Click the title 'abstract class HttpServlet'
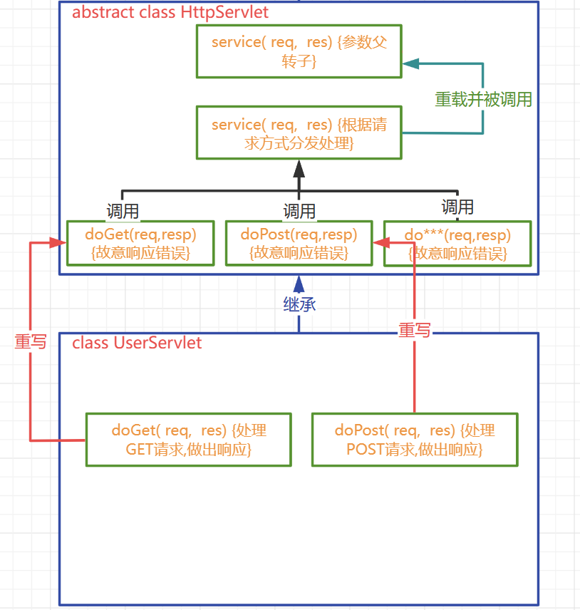click(x=170, y=13)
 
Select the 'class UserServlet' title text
click(x=137, y=343)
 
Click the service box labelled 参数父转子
click(x=299, y=51)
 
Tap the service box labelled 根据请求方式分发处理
click(x=299, y=133)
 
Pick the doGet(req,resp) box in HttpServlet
click(x=140, y=243)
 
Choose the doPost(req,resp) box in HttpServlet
click(x=299, y=243)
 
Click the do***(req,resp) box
click(x=457, y=243)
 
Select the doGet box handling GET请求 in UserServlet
click(x=188, y=440)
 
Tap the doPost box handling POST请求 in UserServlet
click(x=415, y=440)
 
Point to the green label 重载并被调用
click(x=484, y=100)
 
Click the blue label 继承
click(x=299, y=304)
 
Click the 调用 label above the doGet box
click(x=123, y=211)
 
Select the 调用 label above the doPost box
click(x=299, y=211)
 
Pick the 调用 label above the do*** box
click(x=457, y=207)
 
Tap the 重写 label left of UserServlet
click(x=31, y=341)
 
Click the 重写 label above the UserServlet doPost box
click(x=415, y=330)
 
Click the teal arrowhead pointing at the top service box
click(x=410, y=63)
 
